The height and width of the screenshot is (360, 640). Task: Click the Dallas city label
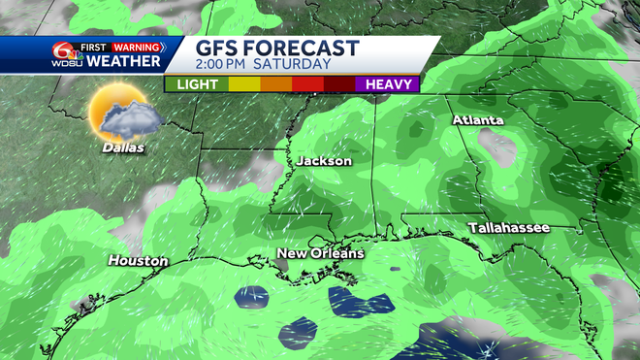(121, 148)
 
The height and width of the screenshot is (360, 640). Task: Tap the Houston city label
(138, 261)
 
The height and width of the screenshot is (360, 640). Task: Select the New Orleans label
(320, 253)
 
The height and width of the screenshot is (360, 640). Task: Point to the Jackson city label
(324, 161)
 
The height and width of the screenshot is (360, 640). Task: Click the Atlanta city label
(477, 119)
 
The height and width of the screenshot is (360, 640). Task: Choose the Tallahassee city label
(508, 227)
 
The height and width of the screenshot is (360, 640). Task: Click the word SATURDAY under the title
(296, 66)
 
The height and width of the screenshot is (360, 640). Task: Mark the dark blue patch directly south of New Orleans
(346, 302)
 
